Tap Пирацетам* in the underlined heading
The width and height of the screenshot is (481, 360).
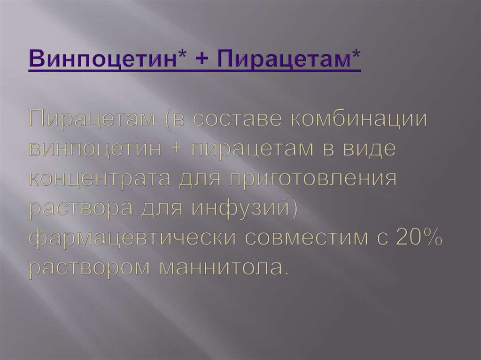point(291,60)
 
